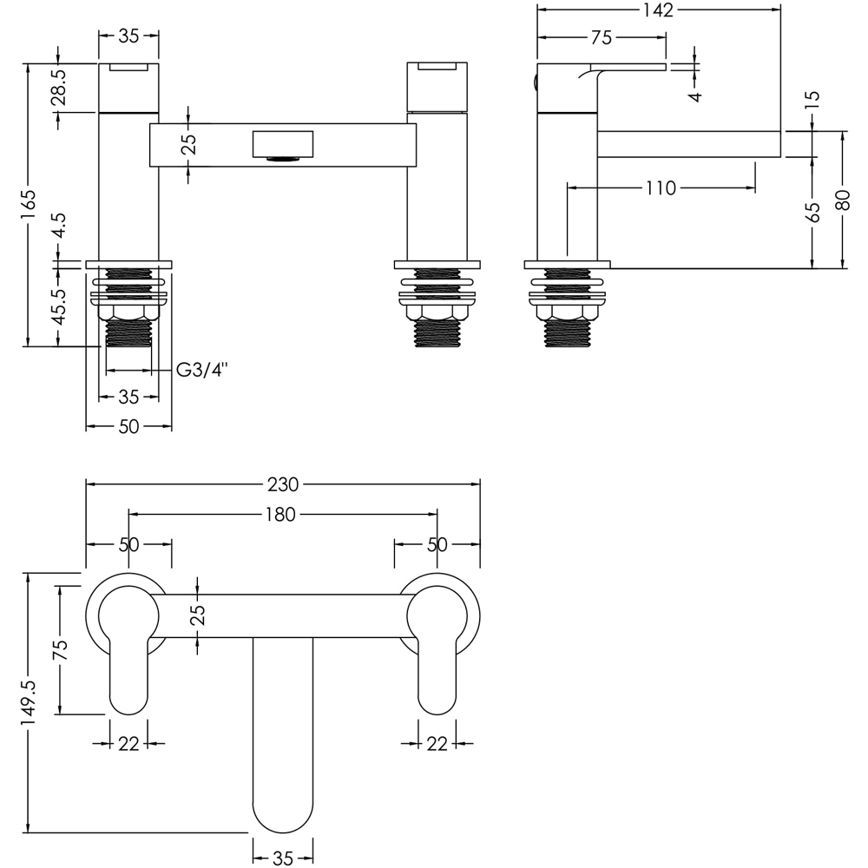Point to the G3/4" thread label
[201, 371]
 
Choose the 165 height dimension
[30, 205]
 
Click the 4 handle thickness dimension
[695, 93]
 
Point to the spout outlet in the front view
[281, 157]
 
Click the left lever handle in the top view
[128, 660]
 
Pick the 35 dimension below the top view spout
[283, 858]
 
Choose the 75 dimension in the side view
[602, 37]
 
